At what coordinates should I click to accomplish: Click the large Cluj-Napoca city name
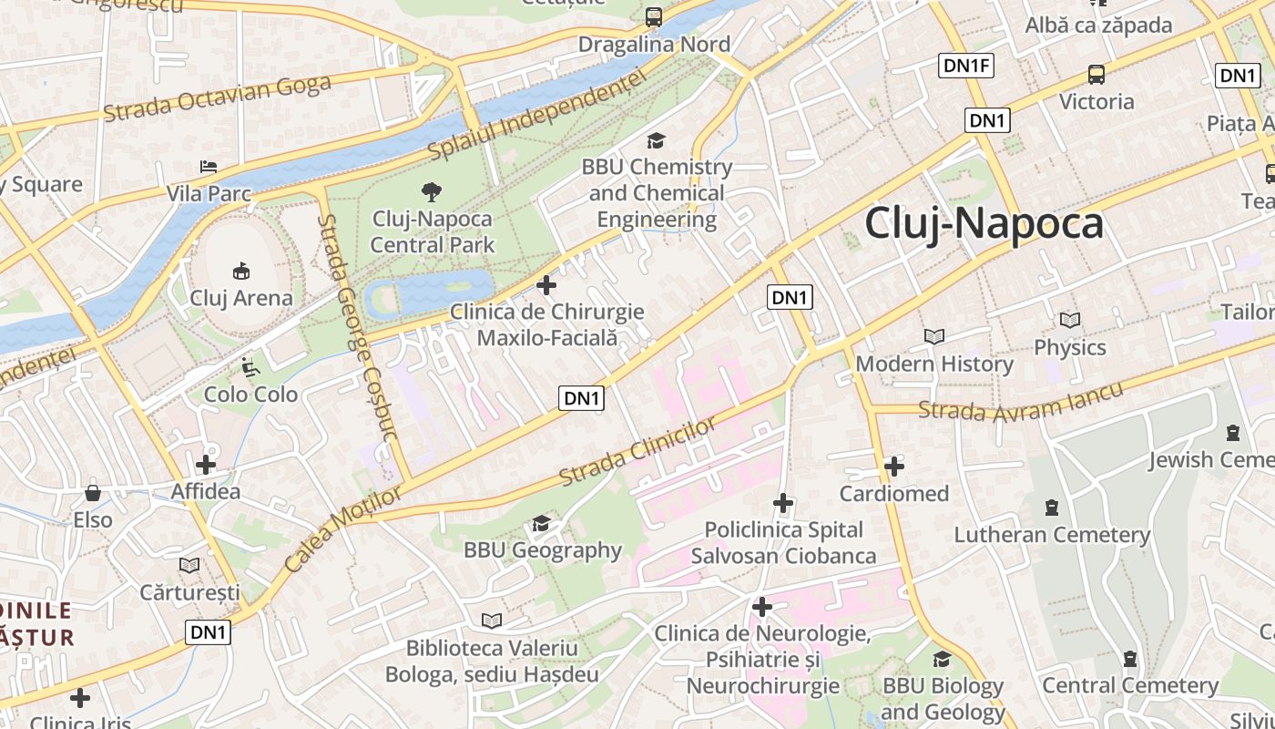tap(984, 223)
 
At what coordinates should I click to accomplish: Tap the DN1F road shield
tap(966, 66)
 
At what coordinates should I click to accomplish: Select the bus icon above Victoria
tap(1096, 75)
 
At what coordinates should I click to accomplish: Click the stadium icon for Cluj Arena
tap(241, 271)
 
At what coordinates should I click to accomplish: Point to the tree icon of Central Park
tap(432, 191)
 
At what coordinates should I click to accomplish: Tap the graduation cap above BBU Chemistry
tap(656, 140)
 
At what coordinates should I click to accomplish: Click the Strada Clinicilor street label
tap(637, 452)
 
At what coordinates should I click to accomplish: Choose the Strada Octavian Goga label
tap(217, 98)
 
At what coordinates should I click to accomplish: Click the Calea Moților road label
tap(342, 529)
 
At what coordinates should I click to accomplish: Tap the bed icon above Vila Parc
tap(209, 167)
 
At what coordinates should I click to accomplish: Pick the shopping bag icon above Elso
tap(93, 493)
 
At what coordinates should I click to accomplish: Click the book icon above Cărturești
tap(189, 565)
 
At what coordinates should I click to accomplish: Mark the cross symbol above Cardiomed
tap(894, 467)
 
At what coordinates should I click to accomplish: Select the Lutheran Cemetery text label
tap(1052, 535)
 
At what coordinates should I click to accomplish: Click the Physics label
tap(1069, 347)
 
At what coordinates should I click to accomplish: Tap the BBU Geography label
tap(542, 550)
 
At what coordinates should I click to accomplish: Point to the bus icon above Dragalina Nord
tap(654, 16)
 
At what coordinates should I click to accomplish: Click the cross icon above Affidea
tap(206, 465)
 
